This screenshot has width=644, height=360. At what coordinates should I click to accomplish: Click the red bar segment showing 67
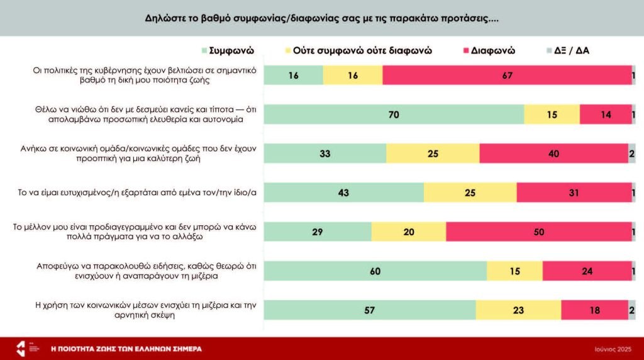click(507, 76)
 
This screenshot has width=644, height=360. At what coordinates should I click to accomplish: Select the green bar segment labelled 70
click(394, 115)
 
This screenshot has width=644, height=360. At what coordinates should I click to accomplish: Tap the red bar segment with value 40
click(553, 154)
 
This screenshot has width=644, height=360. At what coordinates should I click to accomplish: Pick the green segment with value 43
click(343, 193)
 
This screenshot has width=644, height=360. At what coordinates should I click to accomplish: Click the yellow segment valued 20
click(409, 232)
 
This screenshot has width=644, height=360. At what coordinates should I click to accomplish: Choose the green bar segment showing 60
click(375, 271)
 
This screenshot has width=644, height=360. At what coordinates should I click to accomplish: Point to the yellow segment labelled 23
click(518, 310)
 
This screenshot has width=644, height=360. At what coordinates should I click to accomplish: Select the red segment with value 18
click(594, 310)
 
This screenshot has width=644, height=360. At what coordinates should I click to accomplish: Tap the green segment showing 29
click(318, 232)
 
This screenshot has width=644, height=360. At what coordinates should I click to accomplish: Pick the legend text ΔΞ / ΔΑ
click(572, 50)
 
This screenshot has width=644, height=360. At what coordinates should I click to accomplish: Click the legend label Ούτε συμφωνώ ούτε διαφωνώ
click(363, 50)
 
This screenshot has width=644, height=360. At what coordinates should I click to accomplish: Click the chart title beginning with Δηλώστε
click(321, 18)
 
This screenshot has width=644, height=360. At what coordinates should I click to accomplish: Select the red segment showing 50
click(538, 232)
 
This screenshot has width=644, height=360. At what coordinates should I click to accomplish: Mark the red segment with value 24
click(587, 271)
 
